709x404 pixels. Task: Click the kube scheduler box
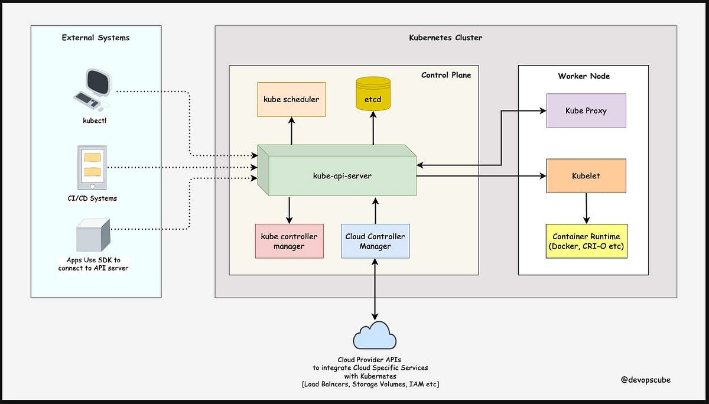tap(291, 99)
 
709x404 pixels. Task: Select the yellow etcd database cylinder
tap(373, 95)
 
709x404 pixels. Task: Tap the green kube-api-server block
tap(342, 176)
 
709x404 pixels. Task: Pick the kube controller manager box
tap(289, 241)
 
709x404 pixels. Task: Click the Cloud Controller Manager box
tap(375, 241)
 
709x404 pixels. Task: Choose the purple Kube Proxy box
tap(586, 110)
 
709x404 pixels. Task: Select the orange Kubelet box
tap(586, 175)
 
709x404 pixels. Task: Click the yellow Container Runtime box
tap(586, 241)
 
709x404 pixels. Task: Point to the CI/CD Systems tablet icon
tap(92, 165)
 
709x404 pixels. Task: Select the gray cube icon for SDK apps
tap(93, 236)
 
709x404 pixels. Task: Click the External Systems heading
tap(96, 38)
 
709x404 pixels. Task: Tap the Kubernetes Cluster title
tap(445, 38)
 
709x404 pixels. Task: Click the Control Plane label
tap(446, 75)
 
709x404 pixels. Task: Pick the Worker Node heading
tap(584, 76)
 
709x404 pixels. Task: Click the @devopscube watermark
tap(646, 380)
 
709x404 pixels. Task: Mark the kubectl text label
tap(95, 120)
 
